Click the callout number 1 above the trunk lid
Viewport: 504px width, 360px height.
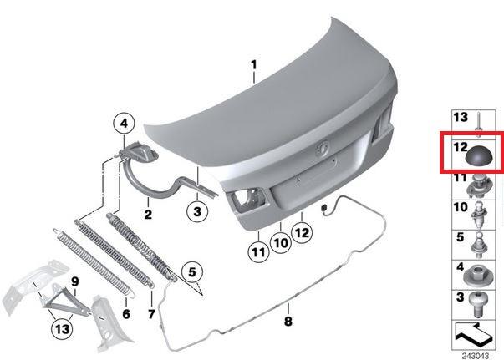254,65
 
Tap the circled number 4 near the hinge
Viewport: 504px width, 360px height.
124,124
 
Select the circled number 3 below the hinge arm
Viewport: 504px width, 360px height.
197,211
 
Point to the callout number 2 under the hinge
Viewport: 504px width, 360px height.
148,214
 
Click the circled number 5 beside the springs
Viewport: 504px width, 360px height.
192,272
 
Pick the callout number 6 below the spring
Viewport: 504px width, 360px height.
126,314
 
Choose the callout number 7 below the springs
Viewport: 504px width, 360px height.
151,314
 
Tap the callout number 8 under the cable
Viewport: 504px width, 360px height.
288,321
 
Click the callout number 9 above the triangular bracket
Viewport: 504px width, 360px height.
74,282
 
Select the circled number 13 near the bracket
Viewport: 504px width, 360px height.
63,329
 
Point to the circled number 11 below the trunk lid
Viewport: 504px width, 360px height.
259,252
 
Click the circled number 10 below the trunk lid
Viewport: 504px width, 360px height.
281,243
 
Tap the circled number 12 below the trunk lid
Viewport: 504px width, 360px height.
302,232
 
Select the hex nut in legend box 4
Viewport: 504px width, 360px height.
475,279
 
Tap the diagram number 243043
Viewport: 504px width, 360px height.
476,356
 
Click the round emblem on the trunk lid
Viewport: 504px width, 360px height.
321,150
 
